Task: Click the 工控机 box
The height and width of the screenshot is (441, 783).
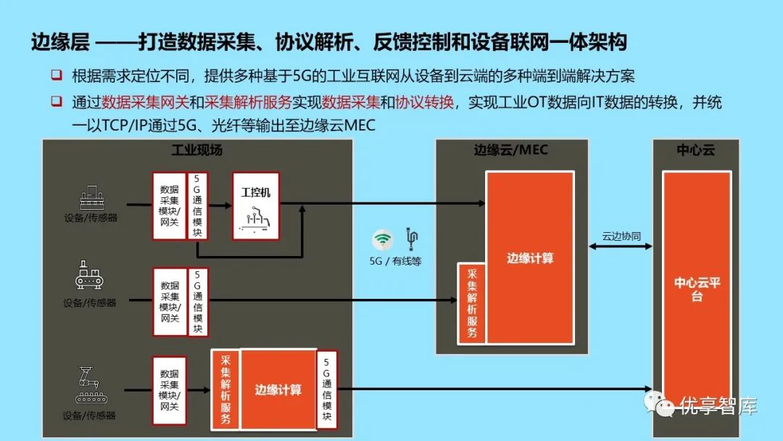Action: [256, 206]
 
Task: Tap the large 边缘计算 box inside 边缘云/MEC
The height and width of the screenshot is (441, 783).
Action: [530, 257]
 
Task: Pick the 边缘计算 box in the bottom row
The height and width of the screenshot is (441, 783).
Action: [278, 390]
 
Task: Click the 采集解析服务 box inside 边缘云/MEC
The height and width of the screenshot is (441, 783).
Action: [472, 302]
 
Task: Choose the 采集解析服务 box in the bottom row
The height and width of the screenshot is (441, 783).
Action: [225, 390]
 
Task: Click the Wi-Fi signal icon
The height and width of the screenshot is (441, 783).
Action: [383, 239]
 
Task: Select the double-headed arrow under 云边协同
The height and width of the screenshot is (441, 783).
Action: [621, 248]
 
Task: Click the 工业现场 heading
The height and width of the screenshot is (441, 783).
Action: [196, 150]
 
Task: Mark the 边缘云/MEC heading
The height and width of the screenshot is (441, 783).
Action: [511, 150]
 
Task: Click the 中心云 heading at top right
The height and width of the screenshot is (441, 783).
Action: [696, 150]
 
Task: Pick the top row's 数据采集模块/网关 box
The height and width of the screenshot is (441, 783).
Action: [169, 206]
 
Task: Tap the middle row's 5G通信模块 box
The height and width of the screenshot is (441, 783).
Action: [198, 302]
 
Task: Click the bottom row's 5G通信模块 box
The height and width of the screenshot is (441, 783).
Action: [327, 390]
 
